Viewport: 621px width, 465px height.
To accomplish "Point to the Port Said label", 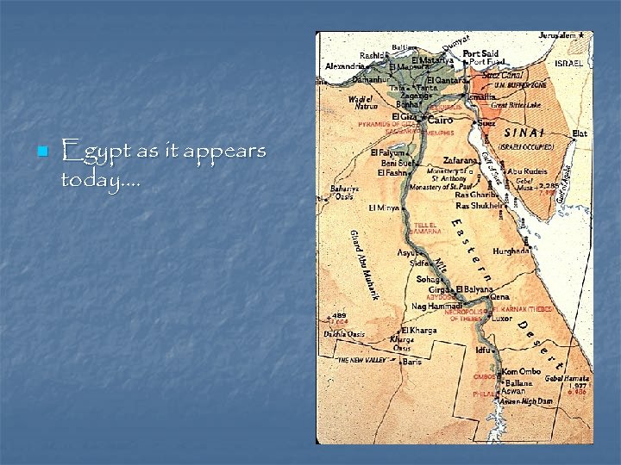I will point(480,53).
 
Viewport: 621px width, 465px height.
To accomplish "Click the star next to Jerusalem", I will point(582,35).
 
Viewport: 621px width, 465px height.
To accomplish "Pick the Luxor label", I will point(501,319).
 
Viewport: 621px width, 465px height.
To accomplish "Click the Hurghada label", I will point(511,251).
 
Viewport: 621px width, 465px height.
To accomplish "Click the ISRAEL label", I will point(568,64).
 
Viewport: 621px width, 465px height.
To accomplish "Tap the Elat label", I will point(580,133).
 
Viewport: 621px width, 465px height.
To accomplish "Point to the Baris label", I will point(413,362).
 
